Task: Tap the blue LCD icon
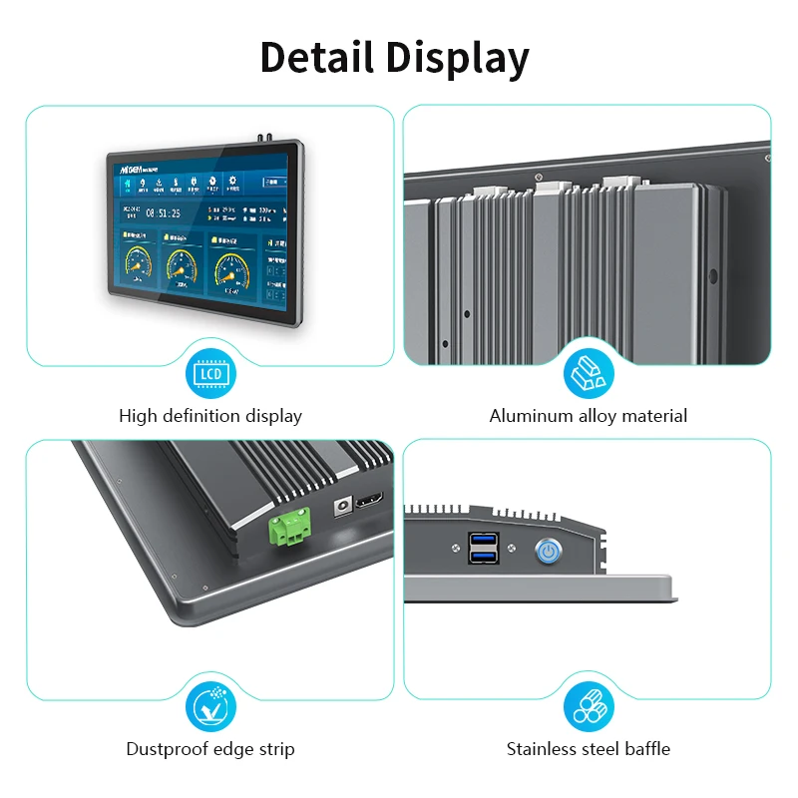(210, 374)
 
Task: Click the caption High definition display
(210, 416)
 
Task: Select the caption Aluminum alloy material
(589, 416)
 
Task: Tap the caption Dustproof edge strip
(210, 749)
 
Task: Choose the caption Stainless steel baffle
(589, 749)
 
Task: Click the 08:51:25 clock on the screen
(163, 212)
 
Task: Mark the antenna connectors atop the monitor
(268, 135)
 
